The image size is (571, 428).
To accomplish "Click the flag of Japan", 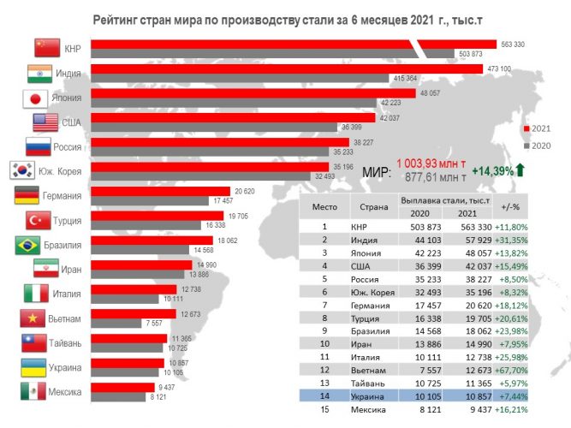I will pos(37,98).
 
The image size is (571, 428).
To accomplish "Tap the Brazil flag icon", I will pos(32,245).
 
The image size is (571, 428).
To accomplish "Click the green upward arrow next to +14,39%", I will pos(520,171).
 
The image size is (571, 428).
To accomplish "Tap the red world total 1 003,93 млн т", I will pos(431,163).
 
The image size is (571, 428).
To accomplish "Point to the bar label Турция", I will pos(68,221).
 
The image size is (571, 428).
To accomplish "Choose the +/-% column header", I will pos(511,205).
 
